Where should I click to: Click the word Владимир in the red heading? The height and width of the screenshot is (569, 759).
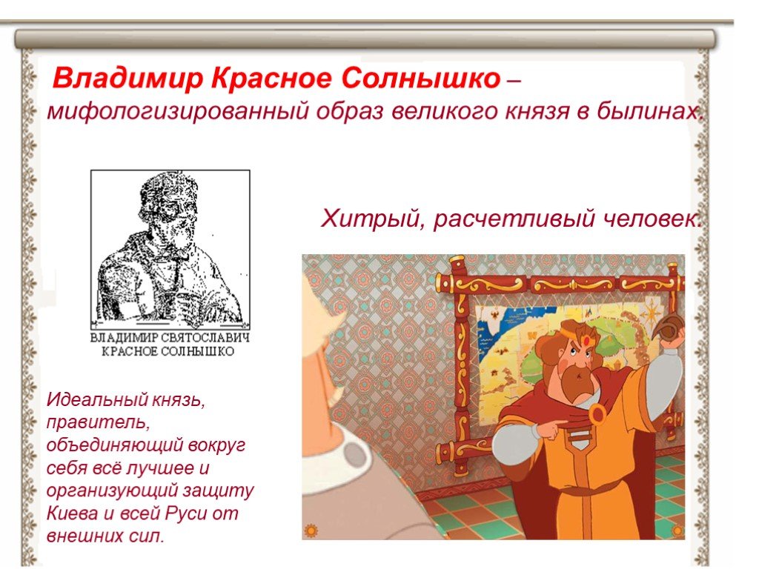tap(127, 79)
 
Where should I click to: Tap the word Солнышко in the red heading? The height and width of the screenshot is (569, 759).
tap(421, 79)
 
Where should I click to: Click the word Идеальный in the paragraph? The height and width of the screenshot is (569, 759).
tap(97, 399)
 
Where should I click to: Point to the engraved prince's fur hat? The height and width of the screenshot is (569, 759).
tap(168, 193)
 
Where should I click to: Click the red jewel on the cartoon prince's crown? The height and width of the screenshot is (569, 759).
tap(586, 339)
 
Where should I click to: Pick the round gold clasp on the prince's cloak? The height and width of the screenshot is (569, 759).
tap(597, 415)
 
